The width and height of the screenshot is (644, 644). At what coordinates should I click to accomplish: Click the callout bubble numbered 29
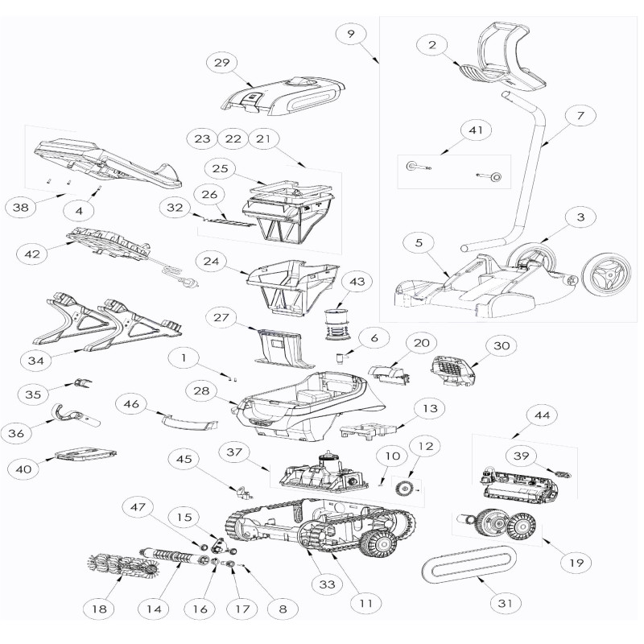click(x=222, y=63)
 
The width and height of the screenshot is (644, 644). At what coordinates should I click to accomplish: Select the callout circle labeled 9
click(x=351, y=34)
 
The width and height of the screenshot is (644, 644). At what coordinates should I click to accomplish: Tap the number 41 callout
click(x=476, y=130)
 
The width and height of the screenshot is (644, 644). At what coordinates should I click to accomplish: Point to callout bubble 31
click(x=506, y=603)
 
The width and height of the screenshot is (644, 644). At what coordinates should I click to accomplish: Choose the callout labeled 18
click(x=99, y=609)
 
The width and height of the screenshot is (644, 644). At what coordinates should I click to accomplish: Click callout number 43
click(x=357, y=282)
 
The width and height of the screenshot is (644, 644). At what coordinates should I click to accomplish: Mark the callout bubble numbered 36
click(x=16, y=432)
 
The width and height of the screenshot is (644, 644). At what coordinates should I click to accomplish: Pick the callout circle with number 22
click(x=233, y=138)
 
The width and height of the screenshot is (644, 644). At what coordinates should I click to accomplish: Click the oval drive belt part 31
click(x=469, y=565)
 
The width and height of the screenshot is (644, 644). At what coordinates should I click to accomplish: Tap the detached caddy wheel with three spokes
click(x=606, y=275)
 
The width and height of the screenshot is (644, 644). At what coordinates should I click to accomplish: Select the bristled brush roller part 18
click(x=124, y=564)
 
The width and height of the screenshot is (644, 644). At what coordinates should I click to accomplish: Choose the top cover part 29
click(x=283, y=95)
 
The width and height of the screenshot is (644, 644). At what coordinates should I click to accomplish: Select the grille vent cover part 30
click(x=452, y=369)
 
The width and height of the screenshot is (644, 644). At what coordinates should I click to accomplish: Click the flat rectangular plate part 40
click(x=85, y=454)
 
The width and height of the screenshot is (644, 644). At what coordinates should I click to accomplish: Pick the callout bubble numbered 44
click(x=542, y=415)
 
